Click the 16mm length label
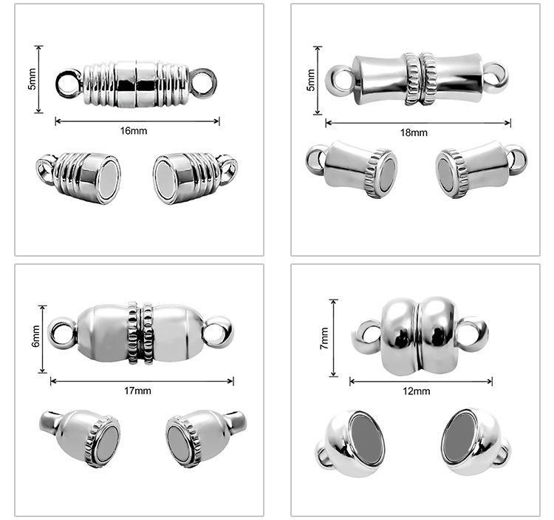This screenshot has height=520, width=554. click(134, 130)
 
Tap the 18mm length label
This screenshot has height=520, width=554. click(414, 132)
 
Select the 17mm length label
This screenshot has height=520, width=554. click(137, 391)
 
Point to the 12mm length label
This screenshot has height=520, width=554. click(417, 391)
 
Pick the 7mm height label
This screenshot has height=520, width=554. click(324, 339)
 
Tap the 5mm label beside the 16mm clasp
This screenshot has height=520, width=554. click(33, 79)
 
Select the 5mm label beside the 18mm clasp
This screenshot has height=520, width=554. click(310, 81)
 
